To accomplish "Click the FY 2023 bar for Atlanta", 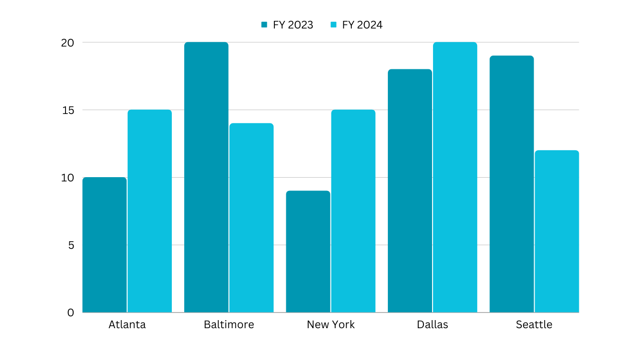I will point(104,245).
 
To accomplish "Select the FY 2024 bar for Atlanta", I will point(150,211).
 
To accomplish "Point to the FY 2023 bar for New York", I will point(308,251).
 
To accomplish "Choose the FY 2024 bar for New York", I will point(353,211).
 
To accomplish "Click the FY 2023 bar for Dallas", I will point(410,190).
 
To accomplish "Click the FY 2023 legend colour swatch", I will point(264,25).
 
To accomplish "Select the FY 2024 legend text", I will point(362,25).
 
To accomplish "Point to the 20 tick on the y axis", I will point(67,42).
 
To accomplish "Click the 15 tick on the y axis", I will point(67,110).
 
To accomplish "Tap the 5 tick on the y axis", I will point(71,245).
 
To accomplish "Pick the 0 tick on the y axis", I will point(71,313).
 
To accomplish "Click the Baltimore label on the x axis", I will point(229,324).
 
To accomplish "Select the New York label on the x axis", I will point(330,324).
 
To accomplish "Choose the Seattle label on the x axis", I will point(534,324).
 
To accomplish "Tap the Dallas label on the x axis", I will point(433,324).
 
